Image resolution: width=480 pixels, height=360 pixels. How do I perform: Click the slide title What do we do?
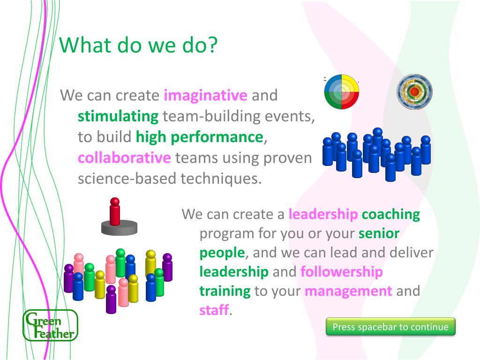[x=138, y=45]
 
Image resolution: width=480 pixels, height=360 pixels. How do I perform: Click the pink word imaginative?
[x=205, y=95]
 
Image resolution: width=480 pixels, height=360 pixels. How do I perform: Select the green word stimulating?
[x=118, y=116]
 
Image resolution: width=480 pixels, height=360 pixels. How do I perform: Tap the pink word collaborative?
[x=124, y=157]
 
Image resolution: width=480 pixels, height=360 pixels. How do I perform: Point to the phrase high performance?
[x=200, y=137]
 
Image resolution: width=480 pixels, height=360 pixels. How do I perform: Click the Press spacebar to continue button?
[x=390, y=327]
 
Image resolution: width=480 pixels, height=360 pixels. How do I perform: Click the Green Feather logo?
[x=51, y=325]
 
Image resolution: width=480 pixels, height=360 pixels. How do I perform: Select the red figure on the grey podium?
[x=115, y=211]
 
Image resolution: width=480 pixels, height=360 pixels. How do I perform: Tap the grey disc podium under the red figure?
[x=120, y=228]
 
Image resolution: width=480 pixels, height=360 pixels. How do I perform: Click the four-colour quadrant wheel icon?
[x=341, y=91]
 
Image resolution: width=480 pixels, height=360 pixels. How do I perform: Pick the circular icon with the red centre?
[x=414, y=91]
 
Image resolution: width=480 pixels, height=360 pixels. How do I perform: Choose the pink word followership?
[x=342, y=271]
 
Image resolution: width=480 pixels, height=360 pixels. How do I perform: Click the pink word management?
[x=348, y=291]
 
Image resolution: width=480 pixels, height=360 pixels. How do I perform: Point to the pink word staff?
[x=214, y=310]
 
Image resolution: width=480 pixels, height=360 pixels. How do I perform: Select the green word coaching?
[x=391, y=214]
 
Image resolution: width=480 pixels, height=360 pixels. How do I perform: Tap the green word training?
[x=225, y=291]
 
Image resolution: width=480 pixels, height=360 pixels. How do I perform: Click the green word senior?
[x=379, y=233]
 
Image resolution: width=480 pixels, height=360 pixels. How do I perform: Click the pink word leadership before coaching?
[x=323, y=214]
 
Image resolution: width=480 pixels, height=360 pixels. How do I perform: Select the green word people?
[x=222, y=253]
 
